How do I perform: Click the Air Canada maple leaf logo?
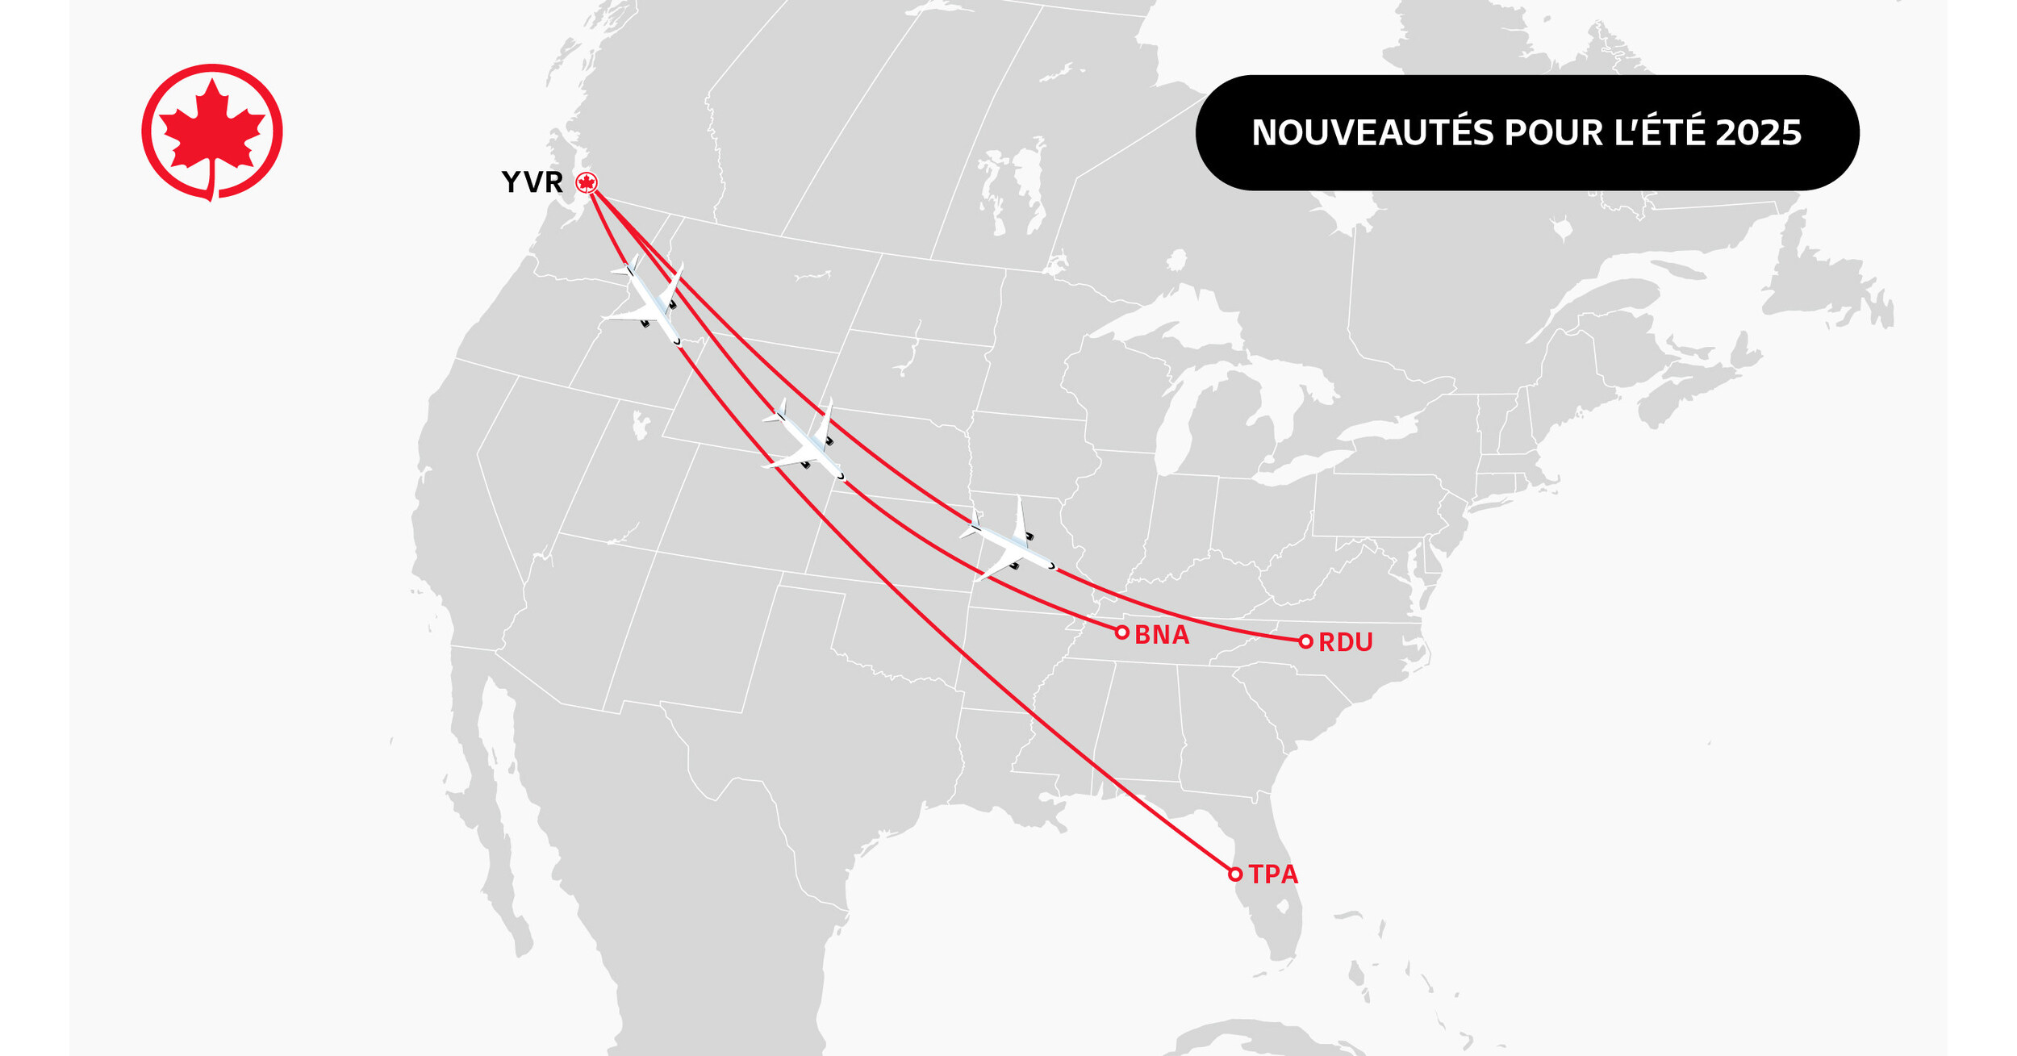click(x=212, y=131)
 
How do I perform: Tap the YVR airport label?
click(x=532, y=182)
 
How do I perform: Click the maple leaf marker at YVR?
click(x=587, y=183)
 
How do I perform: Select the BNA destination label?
click(x=1162, y=635)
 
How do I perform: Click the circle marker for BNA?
click(x=1121, y=632)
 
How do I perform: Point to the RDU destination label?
click(x=1345, y=642)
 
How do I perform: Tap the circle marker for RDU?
click(x=1305, y=641)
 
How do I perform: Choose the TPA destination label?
click(x=1273, y=874)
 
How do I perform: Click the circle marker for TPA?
click(x=1234, y=874)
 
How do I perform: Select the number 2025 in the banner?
click(x=1758, y=133)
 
